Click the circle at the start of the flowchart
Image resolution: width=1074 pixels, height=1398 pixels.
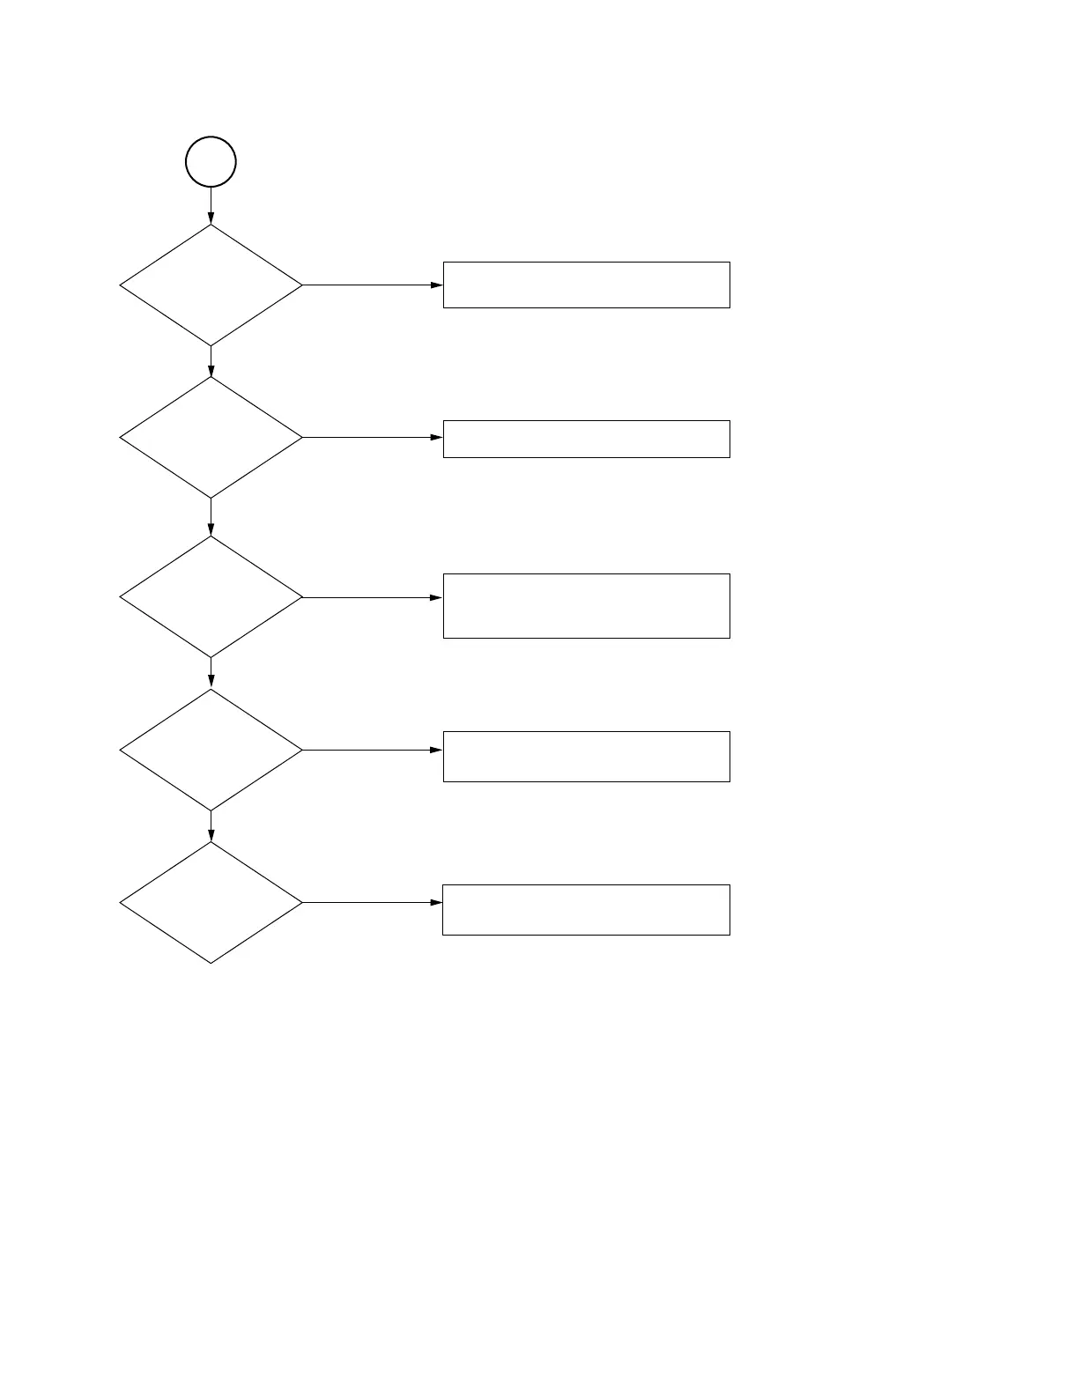tap(211, 162)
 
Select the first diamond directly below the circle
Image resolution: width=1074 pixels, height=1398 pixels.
tap(211, 285)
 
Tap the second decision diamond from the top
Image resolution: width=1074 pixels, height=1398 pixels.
tap(211, 438)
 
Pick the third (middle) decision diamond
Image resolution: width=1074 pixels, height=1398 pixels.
tap(211, 597)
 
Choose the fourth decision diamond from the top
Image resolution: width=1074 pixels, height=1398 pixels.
tap(211, 750)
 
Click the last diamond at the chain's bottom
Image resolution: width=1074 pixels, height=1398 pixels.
tap(211, 902)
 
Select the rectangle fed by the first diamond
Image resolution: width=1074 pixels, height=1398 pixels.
tap(586, 285)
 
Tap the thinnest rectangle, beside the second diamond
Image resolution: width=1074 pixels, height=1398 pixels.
tap(586, 439)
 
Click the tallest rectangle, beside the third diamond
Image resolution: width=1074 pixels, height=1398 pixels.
tap(586, 605)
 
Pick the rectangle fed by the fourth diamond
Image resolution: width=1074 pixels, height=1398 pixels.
tap(586, 756)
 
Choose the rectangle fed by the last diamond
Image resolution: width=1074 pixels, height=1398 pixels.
tap(586, 909)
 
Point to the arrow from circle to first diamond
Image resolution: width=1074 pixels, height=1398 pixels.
tap(211, 206)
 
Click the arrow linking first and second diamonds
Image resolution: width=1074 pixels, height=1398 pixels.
tap(211, 362)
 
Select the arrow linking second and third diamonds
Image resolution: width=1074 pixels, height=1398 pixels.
tap(211, 517)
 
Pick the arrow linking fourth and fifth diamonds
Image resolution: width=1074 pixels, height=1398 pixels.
tap(211, 826)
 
